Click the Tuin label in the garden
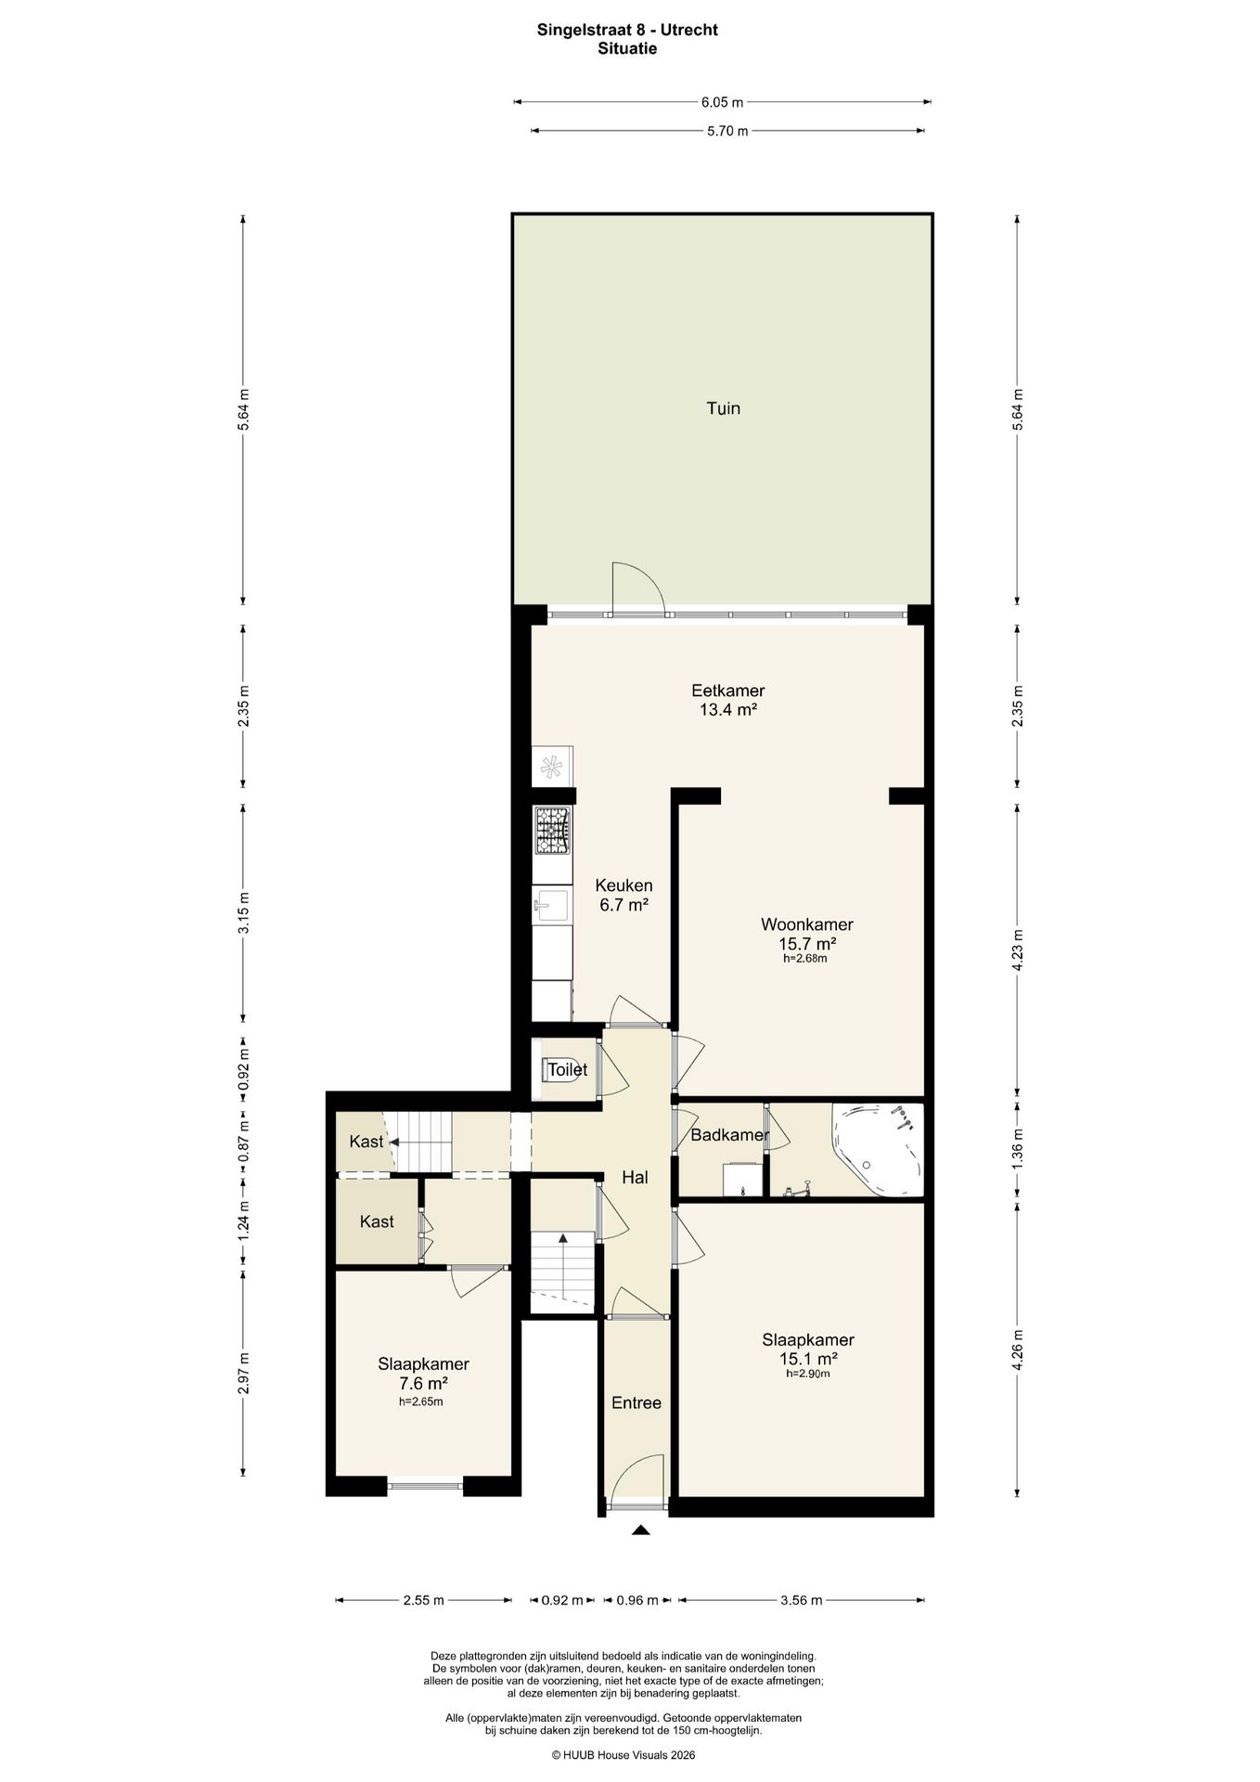coord(723,408)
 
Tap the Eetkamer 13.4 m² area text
coord(727,701)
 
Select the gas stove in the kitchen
coord(552,831)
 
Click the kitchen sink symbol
coord(552,905)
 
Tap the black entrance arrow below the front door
coord(640,1530)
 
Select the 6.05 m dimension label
coord(723,102)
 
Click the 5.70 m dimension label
coord(727,131)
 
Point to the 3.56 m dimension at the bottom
coord(802,1600)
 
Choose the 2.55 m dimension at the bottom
coord(423,1600)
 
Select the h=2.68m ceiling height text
coord(805,960)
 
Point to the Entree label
coord(636,1402)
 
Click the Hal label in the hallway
coord(635,1178)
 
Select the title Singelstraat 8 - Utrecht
coord(627,30)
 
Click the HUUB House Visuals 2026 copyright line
coord(624,1755)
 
